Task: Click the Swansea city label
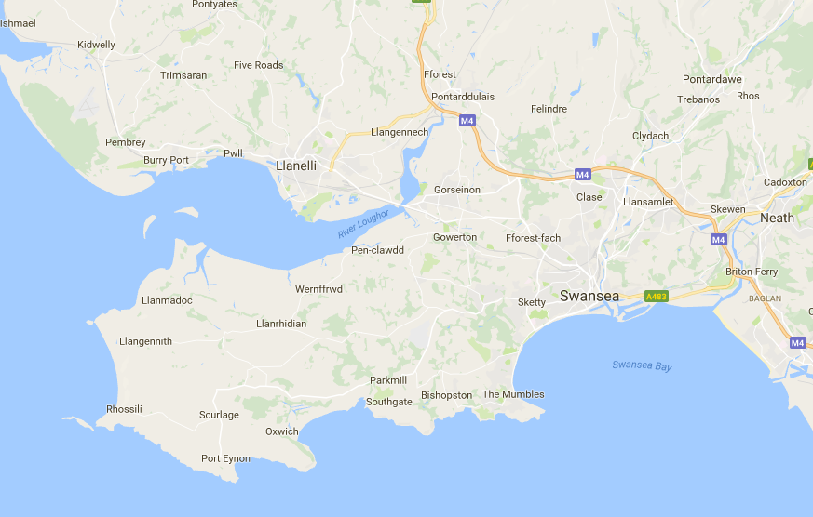coord(589,296)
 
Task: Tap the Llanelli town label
coord(297,166)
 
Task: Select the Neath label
coord(777,218)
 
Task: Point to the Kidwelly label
coord(97,45)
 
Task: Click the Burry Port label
coord(166,160)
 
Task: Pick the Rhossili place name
coord(124,409)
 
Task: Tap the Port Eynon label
coord(225,459)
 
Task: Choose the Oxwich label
coord(282,431)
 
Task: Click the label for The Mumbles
coord(513,394)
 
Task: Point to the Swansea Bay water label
coord(642,365)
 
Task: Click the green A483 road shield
coord(657,296)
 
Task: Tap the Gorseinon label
coord(457,190)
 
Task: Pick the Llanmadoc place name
coord(167,300)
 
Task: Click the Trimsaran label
coord(183,75)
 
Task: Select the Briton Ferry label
coord(751,272)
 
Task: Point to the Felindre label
coord(549,109)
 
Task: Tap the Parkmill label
coord(389,380)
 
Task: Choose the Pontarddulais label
coord(463,97)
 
